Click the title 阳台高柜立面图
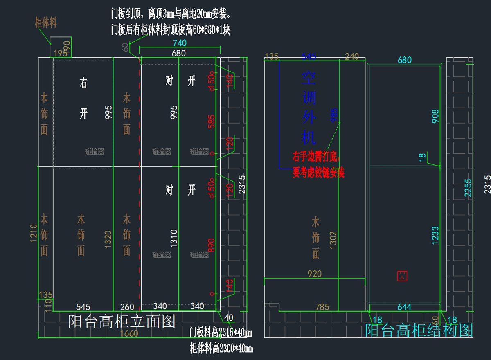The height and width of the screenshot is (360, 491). (x=122, y=322)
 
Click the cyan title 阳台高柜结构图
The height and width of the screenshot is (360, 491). (x=419, y=330)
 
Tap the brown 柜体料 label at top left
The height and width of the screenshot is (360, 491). (x=45, y=23)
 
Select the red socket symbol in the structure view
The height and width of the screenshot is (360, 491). (x=402, y=276)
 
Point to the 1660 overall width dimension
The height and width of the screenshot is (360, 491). (x=129, y=334)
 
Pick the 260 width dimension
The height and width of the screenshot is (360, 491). (x=127, y=306)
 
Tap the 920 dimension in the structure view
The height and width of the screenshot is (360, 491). (x=314, y=274)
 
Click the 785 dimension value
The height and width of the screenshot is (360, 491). (x=322, y=307)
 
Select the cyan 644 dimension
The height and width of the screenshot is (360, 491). (x=404, y=306)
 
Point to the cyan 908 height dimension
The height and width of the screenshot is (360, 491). (x=435, y=116)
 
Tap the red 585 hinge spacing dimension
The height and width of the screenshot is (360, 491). (x=211, y=122)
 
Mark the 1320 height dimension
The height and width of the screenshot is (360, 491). (x=108, y=239)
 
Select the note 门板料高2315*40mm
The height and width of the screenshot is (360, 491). (x=221, y=333)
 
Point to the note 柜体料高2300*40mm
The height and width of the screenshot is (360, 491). (x=221, y=349)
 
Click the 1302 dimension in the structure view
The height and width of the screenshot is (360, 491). (x=333, y=239)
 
